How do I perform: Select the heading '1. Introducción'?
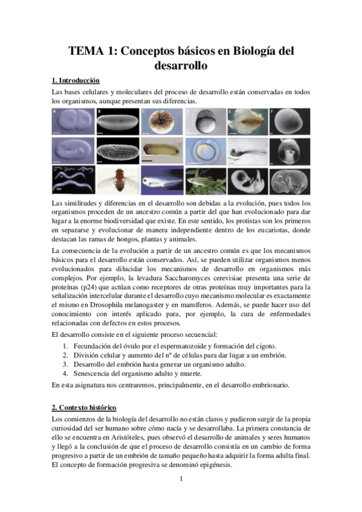(76, 80)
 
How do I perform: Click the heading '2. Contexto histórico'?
(84, 408)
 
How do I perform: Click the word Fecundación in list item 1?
(94, 345)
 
